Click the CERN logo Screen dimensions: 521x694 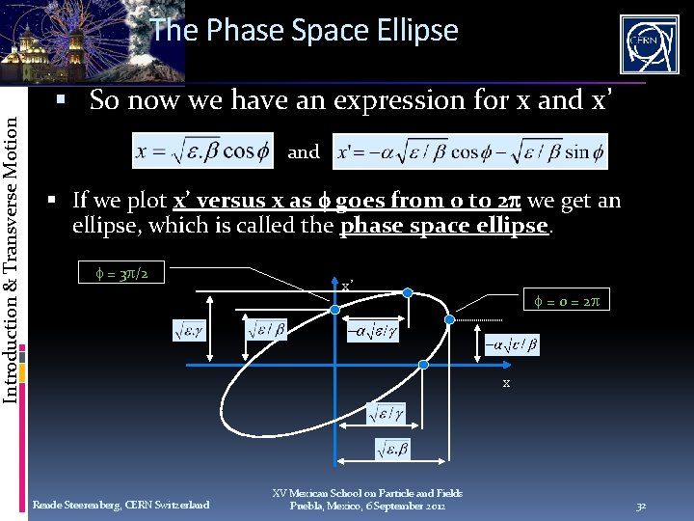649,43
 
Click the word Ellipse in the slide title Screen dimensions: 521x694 414,31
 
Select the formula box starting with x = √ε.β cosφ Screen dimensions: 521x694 202,151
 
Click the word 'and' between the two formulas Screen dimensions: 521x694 304,151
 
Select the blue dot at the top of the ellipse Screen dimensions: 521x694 408,291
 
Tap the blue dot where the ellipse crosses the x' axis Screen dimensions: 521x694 335,310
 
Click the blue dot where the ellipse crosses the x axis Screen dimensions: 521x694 424,365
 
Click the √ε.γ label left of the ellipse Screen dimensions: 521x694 190,331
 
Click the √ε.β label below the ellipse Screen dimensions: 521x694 392,449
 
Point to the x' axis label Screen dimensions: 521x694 347,287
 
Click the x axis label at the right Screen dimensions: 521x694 506,383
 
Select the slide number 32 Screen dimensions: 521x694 641,505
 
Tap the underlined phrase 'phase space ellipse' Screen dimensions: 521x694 441,226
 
